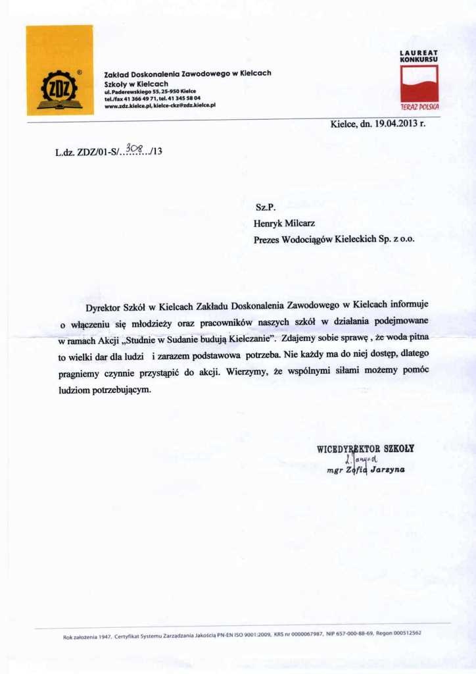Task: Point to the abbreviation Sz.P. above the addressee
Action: [x=264, y=207]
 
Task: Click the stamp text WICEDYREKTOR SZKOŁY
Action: [x=366, y=449]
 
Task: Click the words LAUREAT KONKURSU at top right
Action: [x=419, y=55]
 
